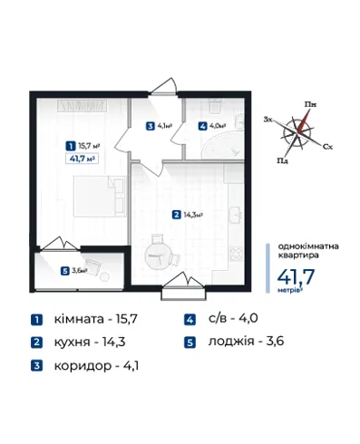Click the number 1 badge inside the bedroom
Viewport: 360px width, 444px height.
point(71,147)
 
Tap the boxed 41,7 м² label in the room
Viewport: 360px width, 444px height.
point(83,159)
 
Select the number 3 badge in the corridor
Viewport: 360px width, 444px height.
point(151,126)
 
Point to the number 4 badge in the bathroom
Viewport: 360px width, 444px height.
point(202,126)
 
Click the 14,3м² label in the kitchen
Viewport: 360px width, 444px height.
point(193,215)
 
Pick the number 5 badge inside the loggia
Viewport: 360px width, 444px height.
point(64,271)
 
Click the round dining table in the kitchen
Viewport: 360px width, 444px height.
point(158,256)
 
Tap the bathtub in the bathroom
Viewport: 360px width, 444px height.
point(223,147)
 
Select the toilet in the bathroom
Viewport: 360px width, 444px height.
point(215,106)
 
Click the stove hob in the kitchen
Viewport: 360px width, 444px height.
point(237,254)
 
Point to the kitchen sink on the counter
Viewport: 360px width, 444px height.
point(237,215)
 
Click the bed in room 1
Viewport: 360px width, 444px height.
point(100,197)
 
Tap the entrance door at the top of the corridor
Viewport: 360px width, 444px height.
point(163,87)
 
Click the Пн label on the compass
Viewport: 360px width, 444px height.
point(310,105)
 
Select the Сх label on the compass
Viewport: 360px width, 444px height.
point(327,147)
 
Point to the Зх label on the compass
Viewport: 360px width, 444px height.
point(268,120)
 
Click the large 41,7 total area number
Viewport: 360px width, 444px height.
point(296,277)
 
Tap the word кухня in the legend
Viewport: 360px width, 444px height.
point(72,343)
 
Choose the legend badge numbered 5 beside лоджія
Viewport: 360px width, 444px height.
point(190,343)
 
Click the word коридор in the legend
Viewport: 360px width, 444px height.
point(83,366)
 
